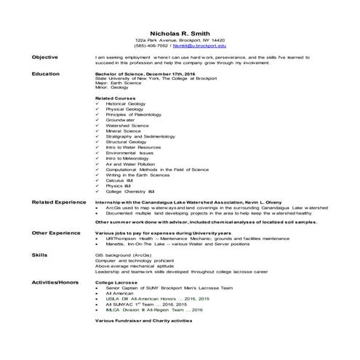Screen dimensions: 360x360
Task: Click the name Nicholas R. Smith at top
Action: point(180,33)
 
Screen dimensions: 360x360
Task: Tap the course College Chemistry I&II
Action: point(131,191)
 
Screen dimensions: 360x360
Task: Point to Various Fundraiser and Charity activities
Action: point(144,320)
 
